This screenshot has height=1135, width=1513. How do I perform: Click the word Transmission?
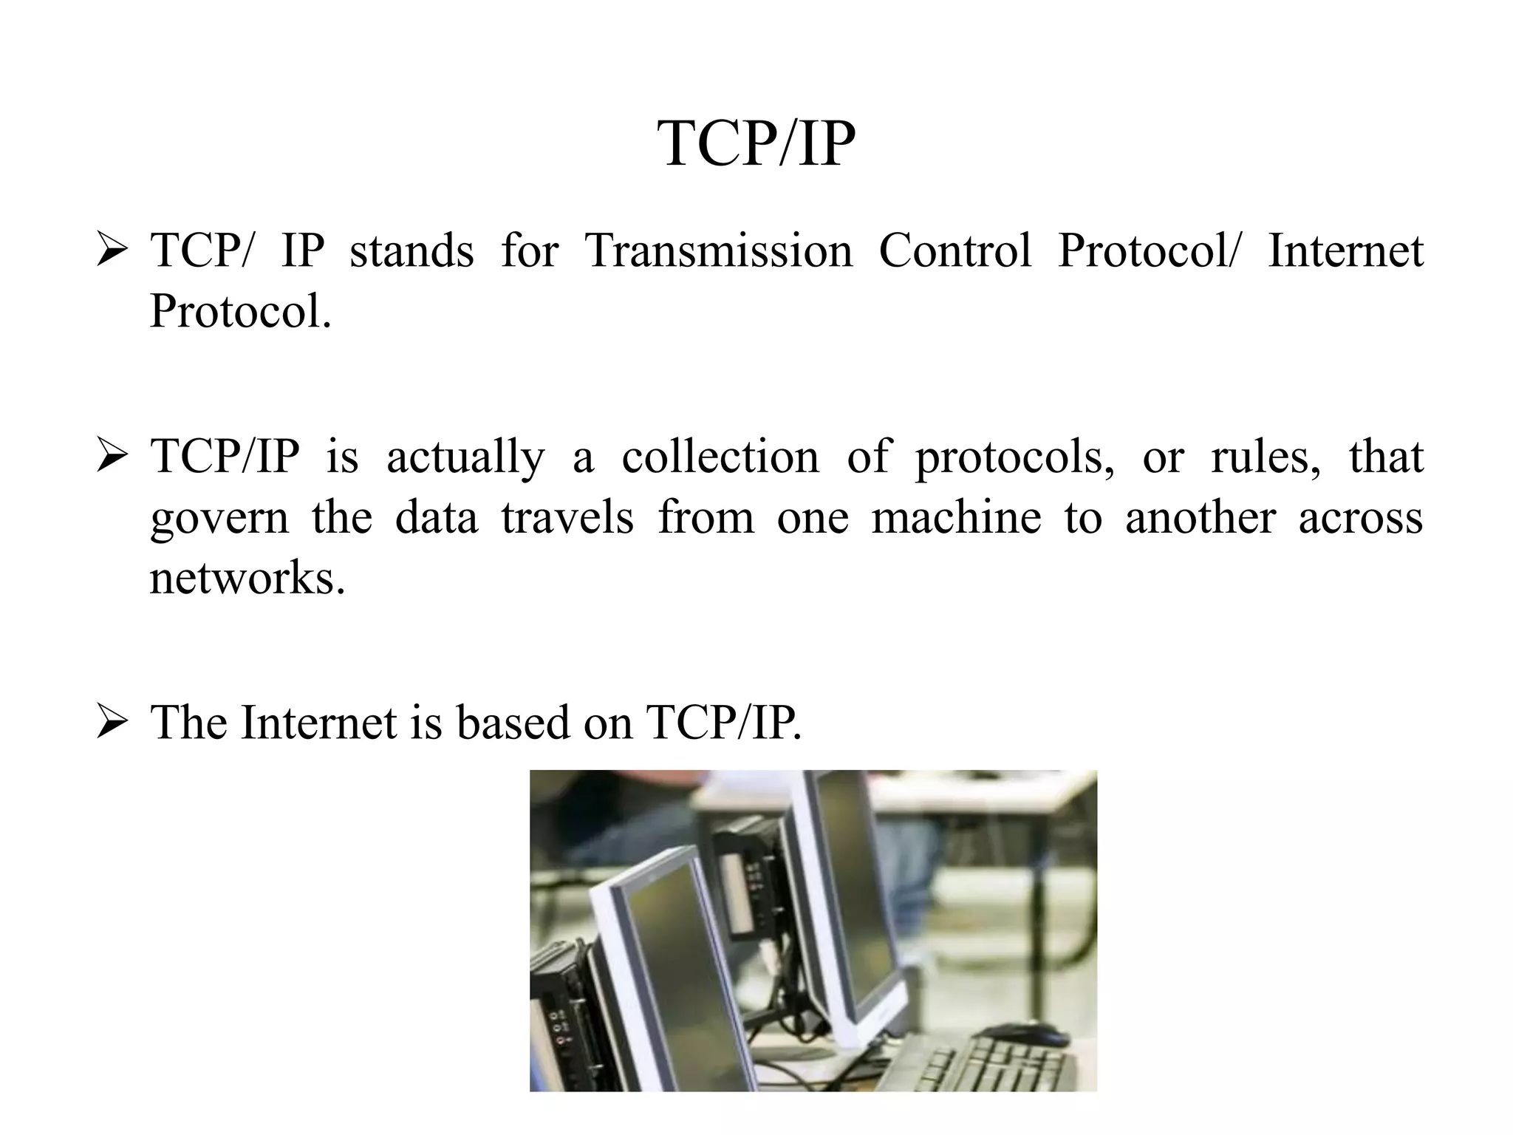point(718,250)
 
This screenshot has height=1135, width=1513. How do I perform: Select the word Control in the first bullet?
point(954,250)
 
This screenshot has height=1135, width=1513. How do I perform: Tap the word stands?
point(411,250)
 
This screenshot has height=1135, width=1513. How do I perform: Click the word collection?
point(720,457)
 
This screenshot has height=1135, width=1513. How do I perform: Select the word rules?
point(1266,457)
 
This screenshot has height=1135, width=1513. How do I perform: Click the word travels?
point(567,517)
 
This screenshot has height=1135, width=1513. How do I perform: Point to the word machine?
point(956,517)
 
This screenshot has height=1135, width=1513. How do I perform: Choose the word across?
point(1360,518)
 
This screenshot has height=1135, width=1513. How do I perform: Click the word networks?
point(247,577)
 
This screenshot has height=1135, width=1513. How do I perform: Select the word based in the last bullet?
point(513,722)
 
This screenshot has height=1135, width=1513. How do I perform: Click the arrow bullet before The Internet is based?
point(112,722)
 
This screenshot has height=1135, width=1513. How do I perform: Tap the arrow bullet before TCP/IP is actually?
point(112,457)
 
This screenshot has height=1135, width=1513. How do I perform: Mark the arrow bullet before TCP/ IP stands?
point(112,251)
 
